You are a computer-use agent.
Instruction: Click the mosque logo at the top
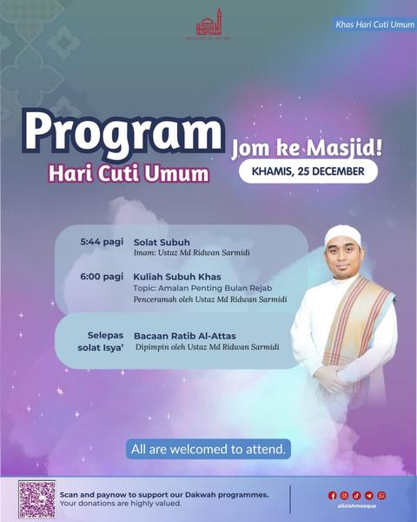click(208, 23)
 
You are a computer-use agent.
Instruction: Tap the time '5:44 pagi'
click(102, 241)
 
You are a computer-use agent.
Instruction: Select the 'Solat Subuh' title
click(162, 241)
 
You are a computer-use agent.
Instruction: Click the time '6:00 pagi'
click(102, 277)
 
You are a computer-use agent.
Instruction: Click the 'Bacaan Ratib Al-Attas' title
click(185, 336)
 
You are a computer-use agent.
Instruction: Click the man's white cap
click(341, 235)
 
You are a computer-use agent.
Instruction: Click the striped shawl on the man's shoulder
click(356, 322)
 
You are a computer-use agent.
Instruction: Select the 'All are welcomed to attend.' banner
click(208, 450)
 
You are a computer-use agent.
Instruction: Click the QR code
click(36, 499)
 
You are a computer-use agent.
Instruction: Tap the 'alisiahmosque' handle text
click(357, 505)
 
